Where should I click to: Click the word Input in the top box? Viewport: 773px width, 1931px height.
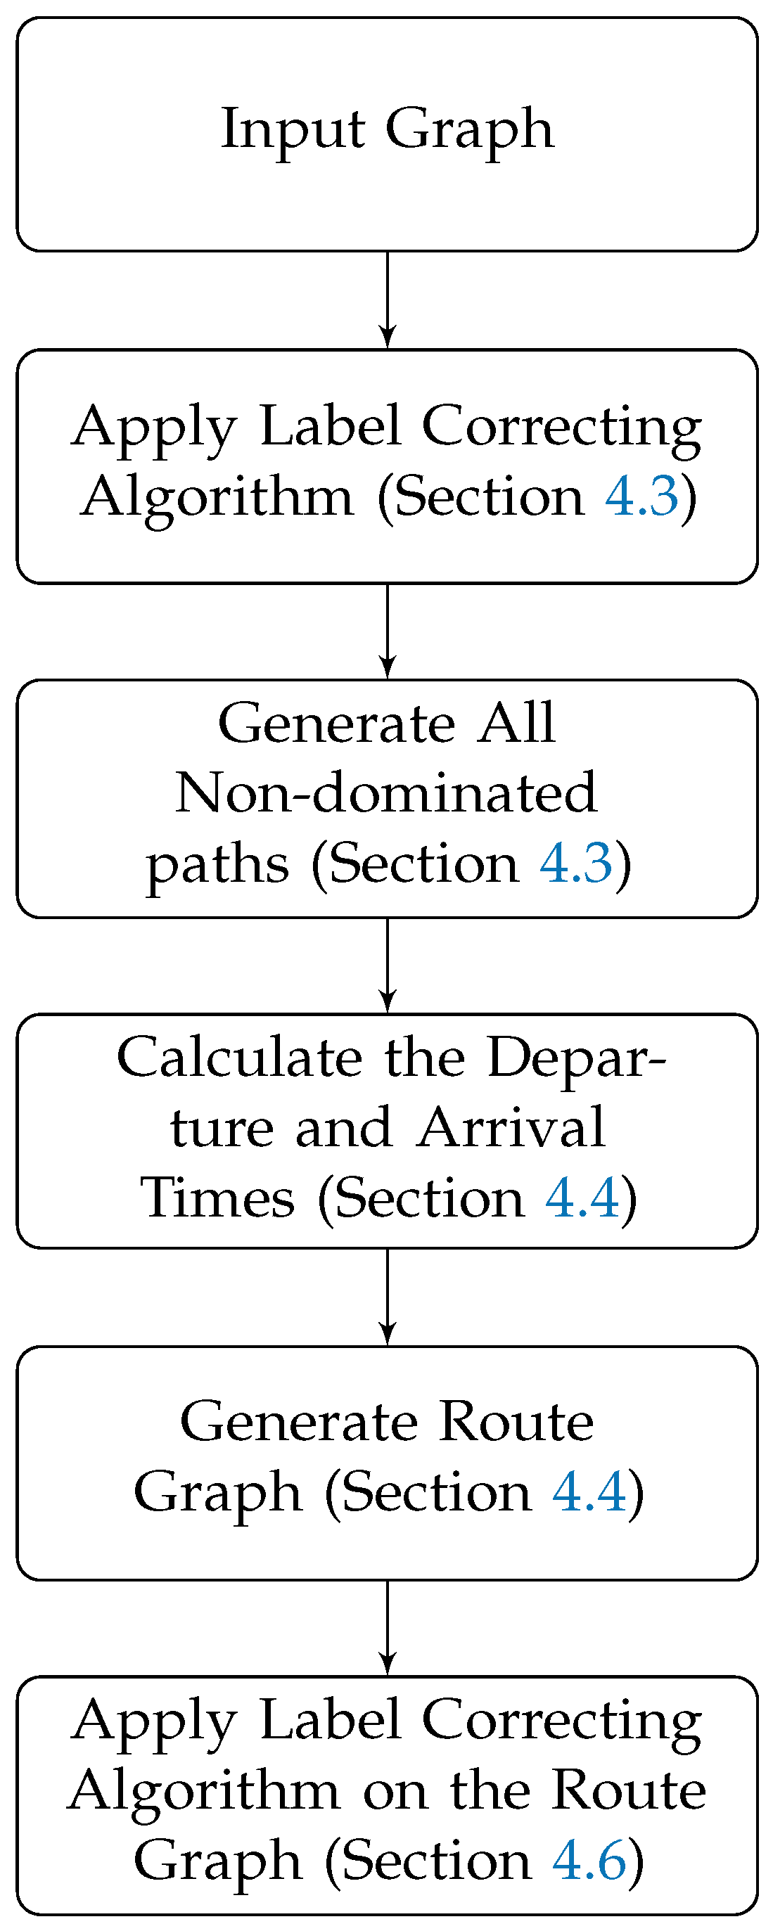pos(293,129)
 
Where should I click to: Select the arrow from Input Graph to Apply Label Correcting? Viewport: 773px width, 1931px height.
pos(387,300)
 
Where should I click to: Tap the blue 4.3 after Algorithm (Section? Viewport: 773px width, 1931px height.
pos(641,496)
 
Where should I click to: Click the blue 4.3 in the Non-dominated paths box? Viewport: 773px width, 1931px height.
pos(576,864)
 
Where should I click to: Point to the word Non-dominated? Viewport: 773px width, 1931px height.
pos(386,793)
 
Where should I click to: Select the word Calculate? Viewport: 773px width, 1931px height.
pos(239,1058)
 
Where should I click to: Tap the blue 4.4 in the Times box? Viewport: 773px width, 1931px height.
pos(582,1197)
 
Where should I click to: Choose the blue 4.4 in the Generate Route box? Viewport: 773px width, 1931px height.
pos(589,1491)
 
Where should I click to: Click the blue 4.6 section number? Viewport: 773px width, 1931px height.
pos(589,1860)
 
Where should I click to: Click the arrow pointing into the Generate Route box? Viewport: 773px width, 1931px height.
pos(387,1297)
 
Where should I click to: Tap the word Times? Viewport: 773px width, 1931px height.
pos(217,1197)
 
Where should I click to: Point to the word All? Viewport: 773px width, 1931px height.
pos(518,724)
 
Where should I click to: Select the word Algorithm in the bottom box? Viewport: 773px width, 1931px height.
pos(203,1790)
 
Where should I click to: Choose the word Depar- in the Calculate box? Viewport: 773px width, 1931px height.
pos(576,1058)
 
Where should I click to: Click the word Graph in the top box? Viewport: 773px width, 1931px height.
pos(469,129)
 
